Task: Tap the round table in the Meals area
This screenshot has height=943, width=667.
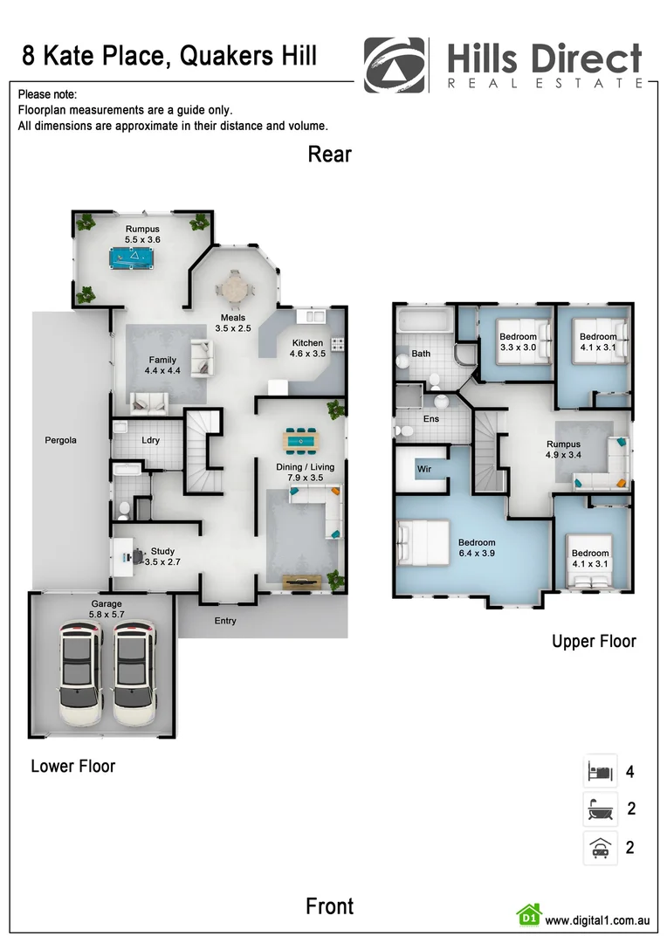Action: [x=233, y=286]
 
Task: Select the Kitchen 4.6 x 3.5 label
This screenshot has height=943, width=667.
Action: [x=308, y=348]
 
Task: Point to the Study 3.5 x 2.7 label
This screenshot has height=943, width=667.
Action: [x=162, y=557]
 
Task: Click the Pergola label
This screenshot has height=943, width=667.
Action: [x=61, y=440]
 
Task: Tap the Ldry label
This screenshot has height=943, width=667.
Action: [x=150, y=440]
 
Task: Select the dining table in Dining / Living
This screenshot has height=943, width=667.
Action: [x=302, y=442]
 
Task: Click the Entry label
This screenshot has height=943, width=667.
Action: [x=224, y=621]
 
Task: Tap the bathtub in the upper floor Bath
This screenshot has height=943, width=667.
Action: [x=423, y=321]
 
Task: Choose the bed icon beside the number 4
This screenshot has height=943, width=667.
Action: [x=600, y=772]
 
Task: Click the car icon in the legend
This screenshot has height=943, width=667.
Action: [x=600, y=847]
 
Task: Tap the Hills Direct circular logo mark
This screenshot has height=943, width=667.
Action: [x=395, y=65]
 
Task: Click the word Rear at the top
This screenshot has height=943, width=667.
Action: [x=329, y=155]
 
